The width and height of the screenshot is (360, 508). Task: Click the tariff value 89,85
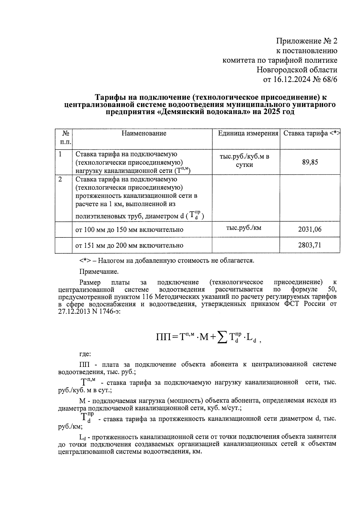coord(310,162)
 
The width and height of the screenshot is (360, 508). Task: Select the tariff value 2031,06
coord(310,229)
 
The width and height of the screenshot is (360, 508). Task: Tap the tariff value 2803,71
coord(310,245)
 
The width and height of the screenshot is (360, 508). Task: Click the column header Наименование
coord(144,133)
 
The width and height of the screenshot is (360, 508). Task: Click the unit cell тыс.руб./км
coord(244,228)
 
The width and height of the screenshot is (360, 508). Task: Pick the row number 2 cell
coord(60,179)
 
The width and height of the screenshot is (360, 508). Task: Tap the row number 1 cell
coord(60,154)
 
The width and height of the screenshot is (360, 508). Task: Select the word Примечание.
coord(99,272)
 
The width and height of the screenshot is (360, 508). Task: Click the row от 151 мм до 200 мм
coord(129,245)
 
